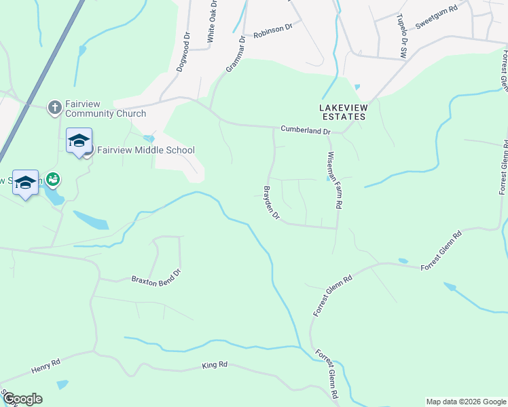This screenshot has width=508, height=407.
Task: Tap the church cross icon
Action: [54, 107]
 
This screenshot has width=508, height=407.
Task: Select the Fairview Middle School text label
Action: [145, 151]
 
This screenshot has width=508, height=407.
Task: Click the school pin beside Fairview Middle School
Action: [79, 141]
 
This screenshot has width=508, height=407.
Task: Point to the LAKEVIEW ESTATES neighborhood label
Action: [343, 112]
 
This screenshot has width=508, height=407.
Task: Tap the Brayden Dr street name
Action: [272, 202]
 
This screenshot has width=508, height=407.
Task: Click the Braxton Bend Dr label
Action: [157, 276]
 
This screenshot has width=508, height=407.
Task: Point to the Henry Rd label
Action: [46, 367]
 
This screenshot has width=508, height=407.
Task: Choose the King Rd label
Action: [215, 365]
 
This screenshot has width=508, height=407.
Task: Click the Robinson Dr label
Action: [272, 30]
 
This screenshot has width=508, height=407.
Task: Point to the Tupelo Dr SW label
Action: [403, 37]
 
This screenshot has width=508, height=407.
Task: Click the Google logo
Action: [22, 399]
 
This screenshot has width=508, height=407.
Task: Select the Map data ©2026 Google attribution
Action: [465, 402]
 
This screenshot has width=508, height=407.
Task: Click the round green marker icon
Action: [53, 179]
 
